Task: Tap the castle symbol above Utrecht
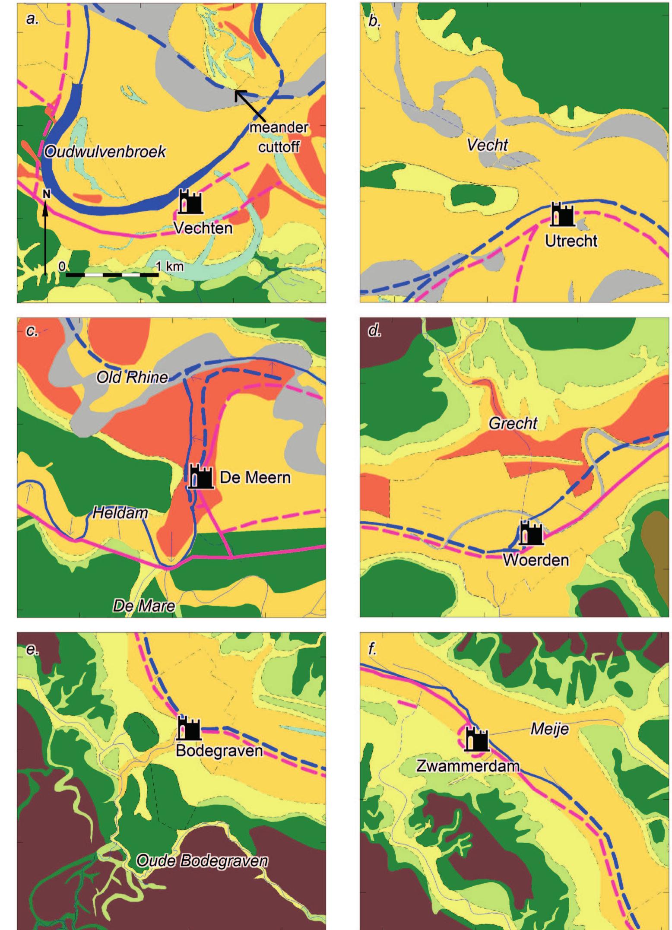click(562, 215)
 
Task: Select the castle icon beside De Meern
click(201, 476)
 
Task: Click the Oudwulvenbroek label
click(105, 152)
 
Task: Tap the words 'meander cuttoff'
click(279, 137)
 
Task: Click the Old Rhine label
click(132, 377)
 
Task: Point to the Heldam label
click(120, 513)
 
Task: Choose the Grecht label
click(513, 423)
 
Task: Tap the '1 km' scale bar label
click(169, 266)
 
